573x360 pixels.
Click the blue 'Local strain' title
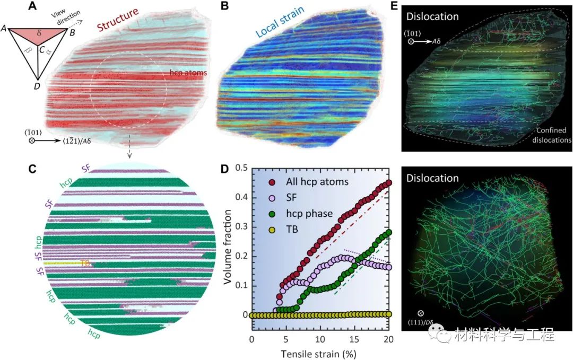(276, 28)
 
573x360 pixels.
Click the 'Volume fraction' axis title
(229, 242)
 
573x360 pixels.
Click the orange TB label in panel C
(85, 262)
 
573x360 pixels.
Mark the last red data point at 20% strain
(388, 183)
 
